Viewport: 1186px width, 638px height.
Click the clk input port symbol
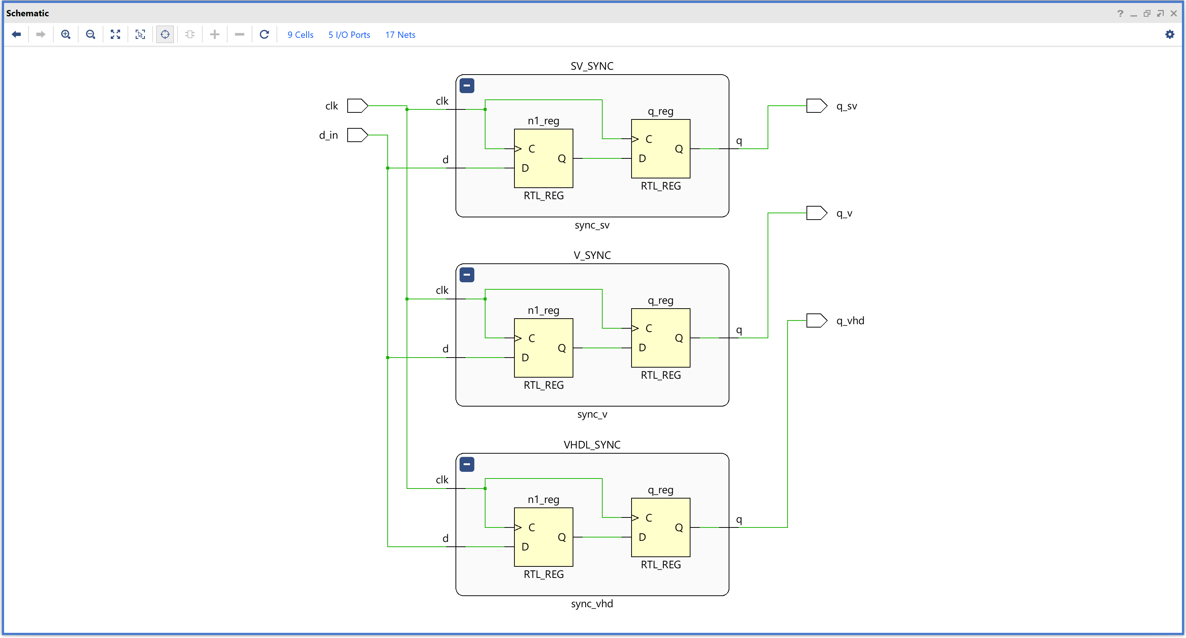point(357,106)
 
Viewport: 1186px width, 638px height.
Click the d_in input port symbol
point(357,135)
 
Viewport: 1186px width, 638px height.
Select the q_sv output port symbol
point(816,106)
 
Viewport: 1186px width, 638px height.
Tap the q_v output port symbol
point(816,213)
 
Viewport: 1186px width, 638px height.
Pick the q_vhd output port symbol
point(816,320)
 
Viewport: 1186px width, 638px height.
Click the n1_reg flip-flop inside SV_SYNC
point(543,158)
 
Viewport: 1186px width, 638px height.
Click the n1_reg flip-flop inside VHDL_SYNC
point(543,537)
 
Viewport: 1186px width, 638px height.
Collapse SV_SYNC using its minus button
point(466,86)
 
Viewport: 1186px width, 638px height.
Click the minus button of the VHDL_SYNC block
point(466,464)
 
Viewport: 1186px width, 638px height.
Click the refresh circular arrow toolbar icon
point(264,34)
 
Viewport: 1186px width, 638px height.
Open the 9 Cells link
point(300,35)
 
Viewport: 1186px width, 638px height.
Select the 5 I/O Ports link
point(349,35)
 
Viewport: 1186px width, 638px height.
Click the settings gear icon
point(1169,34)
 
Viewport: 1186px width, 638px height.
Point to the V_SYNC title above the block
point(592,255)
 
